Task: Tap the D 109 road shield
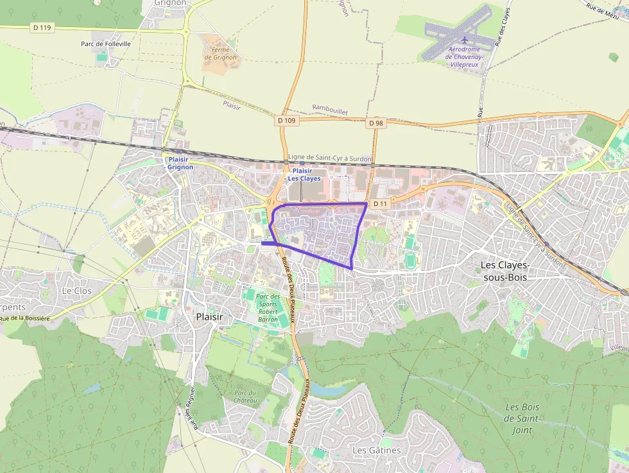coord(288,120)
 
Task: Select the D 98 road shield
coord(376,123)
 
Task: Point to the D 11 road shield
coord(381,203)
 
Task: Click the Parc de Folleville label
coord(106,44)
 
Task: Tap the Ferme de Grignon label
coord(220,53)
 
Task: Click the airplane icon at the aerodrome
coord(465,40)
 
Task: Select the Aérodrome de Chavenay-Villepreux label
coord(465,57)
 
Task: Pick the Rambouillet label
coord(330,110)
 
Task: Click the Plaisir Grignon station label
coord(180,163)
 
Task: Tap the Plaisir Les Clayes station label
coord(304,175)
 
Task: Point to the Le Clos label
coord(76,291)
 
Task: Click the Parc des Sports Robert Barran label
coord(267,307)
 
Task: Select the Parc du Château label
coord(245,397)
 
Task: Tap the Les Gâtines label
coord(376,451)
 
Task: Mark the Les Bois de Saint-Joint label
coord(522,418)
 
